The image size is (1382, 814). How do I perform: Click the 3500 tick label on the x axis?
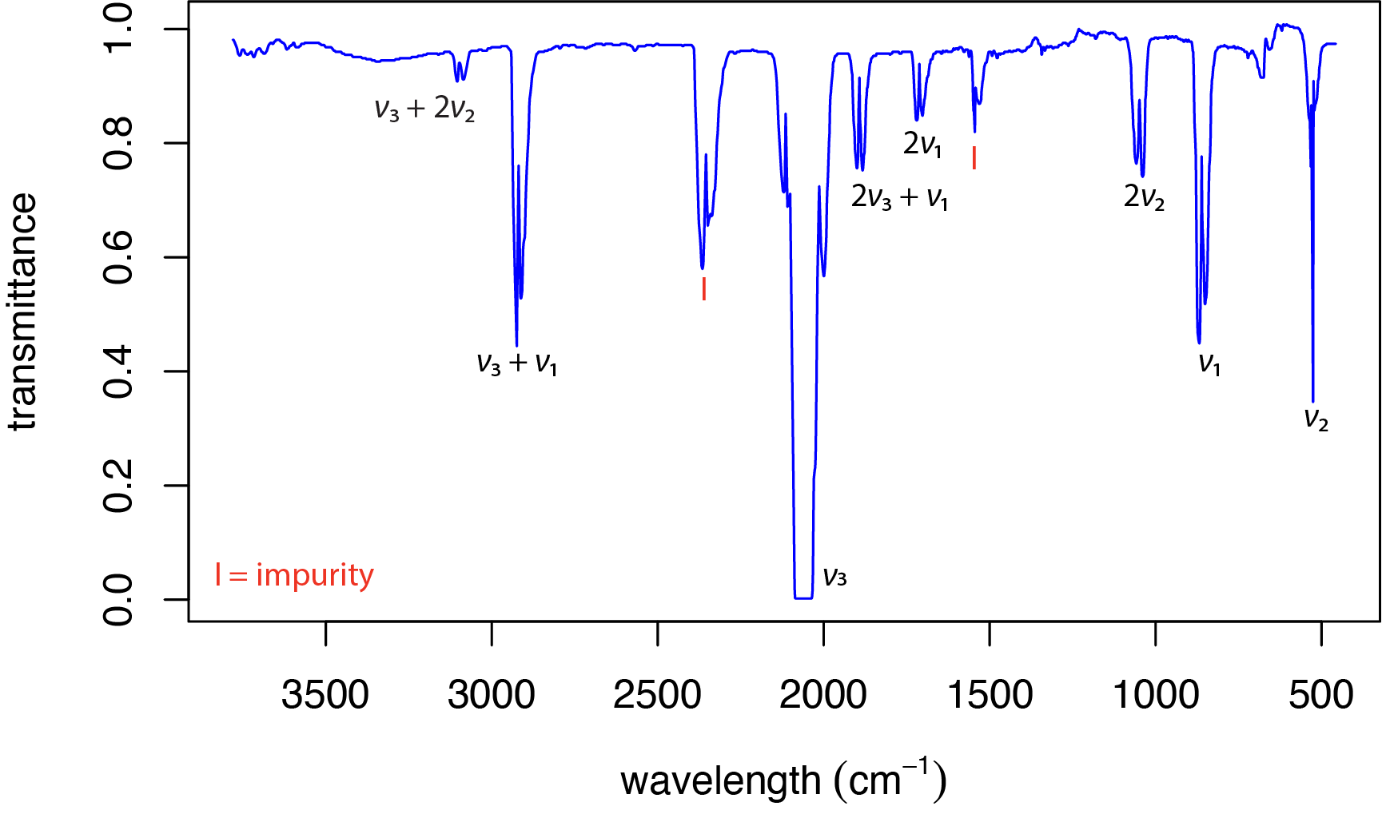[325, 694]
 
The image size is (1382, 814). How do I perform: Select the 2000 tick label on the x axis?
[822, 694]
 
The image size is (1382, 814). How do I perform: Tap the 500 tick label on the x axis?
[1320, 694]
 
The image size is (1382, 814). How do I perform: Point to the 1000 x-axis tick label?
[1155, 694]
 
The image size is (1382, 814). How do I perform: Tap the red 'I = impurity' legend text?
[294, 575]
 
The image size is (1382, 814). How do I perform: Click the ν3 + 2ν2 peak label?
[424, 109]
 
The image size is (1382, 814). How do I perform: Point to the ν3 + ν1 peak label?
[516, 363]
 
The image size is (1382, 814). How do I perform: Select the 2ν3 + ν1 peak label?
[899, 197]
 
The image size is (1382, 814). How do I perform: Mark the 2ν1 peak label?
[922, 145]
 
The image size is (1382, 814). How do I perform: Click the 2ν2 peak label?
[1144, 197]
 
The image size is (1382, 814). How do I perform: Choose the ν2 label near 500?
[1316, 419]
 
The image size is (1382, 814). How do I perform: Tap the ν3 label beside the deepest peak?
[834, 576]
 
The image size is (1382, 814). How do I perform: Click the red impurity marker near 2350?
[703, 288]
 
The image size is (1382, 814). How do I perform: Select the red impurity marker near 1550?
[974, 157]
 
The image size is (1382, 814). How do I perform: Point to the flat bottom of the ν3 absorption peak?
[803, 597]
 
